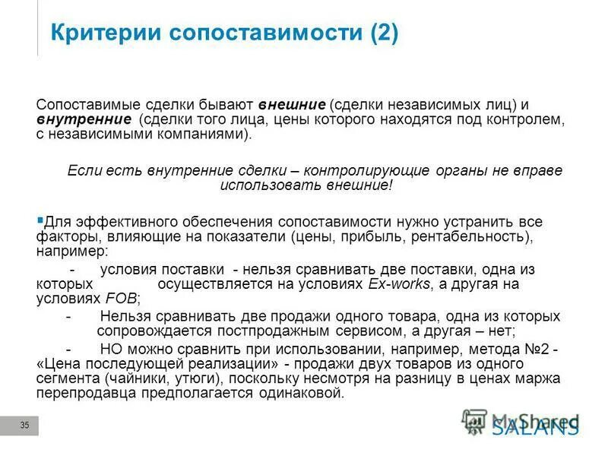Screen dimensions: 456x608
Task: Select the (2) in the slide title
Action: click(384, 33)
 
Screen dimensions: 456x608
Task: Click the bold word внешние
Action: click(293, 104)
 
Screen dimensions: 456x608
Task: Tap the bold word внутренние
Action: click(84, 119)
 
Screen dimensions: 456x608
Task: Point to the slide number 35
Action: click(24, 426)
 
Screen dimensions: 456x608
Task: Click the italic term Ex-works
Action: click(399, 283)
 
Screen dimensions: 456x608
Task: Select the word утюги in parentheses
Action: click(190, 378)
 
